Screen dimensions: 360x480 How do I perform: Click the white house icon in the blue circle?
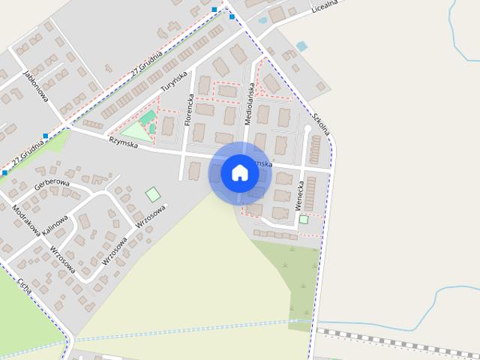click(x=239, y=172)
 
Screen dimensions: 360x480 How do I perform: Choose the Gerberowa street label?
click(x=52, y=182)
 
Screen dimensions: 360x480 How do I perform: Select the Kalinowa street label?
click(x=55, y=223)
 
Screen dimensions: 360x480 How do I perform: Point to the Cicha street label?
click(x=25, y=283)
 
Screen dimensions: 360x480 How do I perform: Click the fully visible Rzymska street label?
click(x=123, y=142)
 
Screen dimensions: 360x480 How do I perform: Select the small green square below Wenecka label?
click(x=304, y=220)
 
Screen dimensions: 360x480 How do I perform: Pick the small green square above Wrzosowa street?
click(x=153, y=194)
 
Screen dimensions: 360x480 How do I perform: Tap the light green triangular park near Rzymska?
click(x=134, y=130)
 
